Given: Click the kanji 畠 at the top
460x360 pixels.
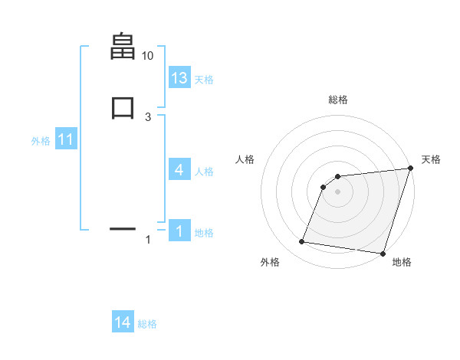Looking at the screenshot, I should [x=123, y=47].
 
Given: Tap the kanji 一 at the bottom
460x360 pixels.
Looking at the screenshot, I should [x=123, y=228].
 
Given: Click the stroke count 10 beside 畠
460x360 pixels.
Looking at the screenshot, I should [x=147, y=56].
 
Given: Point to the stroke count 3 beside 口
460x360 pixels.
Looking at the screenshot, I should [x=147, y=116].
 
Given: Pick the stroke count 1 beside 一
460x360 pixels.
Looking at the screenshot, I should [x=148, y=241].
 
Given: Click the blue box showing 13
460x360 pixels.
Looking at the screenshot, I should [x=179, y=78].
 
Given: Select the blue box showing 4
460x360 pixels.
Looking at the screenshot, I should [x=179, y=170].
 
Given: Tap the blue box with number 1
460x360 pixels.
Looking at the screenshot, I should [x=179, y=231].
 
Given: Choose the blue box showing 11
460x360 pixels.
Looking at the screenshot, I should [x=65, y=140].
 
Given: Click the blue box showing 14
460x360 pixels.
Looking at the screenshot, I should [x=123, y=323].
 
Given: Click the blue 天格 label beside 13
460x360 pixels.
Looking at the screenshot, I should [x=204, y=80].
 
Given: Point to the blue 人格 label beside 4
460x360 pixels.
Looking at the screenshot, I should [x=204, y=172].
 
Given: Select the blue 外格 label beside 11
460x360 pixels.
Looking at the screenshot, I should [x=41, y=141].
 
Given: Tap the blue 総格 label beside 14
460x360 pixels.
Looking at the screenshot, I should [x=147, y=324].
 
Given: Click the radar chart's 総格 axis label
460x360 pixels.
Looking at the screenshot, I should [x=337, y=100].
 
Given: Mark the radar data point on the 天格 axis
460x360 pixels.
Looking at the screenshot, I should [x=410, y=169].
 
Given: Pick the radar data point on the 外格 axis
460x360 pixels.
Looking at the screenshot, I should [x=302, y=242].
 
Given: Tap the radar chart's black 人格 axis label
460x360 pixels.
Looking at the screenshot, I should [x=245, y=159].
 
